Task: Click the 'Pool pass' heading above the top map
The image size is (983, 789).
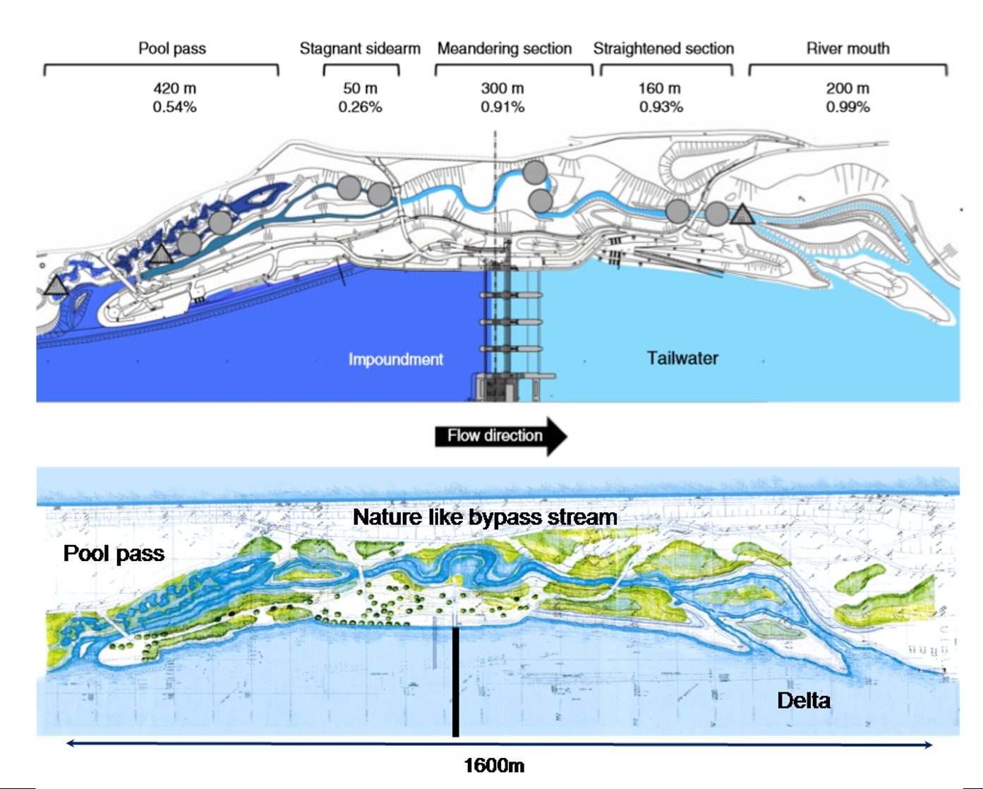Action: point(172,49)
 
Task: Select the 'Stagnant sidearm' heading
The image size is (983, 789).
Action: point(360,49)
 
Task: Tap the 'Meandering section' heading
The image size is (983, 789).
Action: point(504,49)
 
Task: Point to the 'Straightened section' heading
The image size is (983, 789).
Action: point(663,49)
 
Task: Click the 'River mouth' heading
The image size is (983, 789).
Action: point(848,49)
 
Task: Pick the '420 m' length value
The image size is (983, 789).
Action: point(174,89)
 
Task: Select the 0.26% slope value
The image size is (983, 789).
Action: point(360,107)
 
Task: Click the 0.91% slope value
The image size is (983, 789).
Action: point(502,107)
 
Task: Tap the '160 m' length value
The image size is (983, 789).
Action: point(660,89)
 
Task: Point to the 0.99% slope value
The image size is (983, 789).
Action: point(848,107)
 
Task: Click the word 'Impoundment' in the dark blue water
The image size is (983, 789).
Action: point(395,359)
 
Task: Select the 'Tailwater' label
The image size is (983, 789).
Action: point(682,359)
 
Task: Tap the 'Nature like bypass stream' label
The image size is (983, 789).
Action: point(485,517)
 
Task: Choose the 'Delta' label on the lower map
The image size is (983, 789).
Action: point(803,701)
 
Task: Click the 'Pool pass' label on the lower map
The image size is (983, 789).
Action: point(114,553)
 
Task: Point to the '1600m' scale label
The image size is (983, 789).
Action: point(494,766)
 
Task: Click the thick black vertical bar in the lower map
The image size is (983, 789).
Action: point(456,681)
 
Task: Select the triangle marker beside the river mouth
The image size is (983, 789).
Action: point(742,215)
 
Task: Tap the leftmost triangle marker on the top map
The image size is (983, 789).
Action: point(56,286)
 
